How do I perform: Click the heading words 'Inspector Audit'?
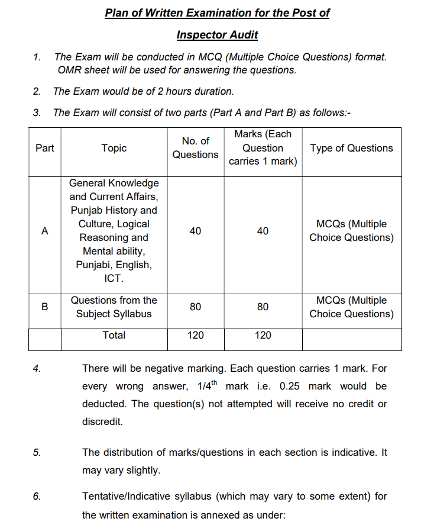click(x=217, y=35)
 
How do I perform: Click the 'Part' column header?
click(x=45, y=148)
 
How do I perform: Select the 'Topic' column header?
click(x=114, y=148)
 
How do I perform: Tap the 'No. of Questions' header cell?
click(x=195, y=148)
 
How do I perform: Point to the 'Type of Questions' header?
click(x=351, y=148)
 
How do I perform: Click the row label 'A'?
click(x=45, y=231)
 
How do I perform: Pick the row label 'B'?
click(x=45, y=307)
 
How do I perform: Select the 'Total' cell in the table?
click(x=114, y=335)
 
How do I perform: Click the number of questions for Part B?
click(x=195, y=307)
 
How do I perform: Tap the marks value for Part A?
click(x=263, y=231)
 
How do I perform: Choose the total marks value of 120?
click(x=263, y=335)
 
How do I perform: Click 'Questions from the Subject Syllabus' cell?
click(x=114, y=307)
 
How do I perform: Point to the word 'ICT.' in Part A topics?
click(x=114, y=278)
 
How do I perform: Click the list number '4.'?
click(x=37, y=368)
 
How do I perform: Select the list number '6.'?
click(x=37, y=496)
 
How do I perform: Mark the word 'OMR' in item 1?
click(x=70, y=70)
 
